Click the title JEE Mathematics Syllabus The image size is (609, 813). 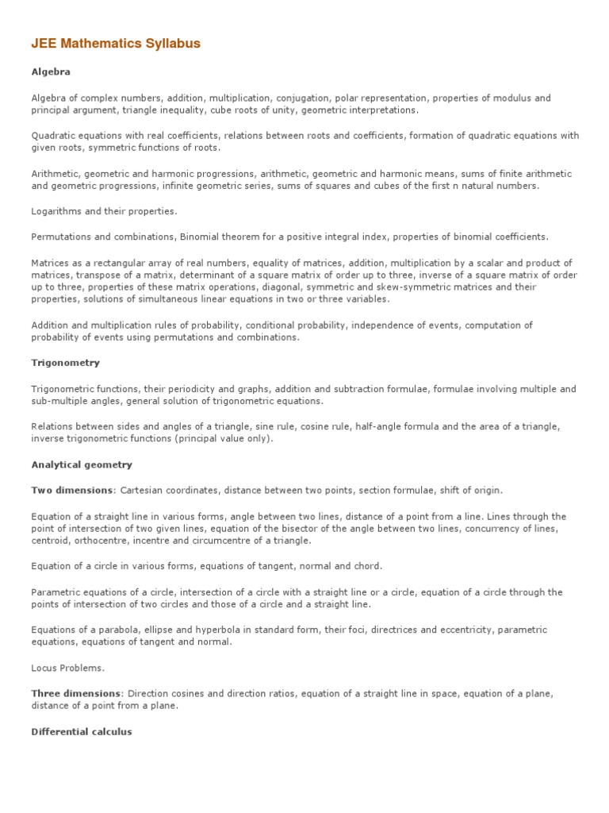point(116,44)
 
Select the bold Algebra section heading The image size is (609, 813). point(51,71)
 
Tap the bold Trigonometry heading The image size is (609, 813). point(65,363)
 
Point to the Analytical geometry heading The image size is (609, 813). point(82,464)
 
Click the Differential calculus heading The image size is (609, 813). point(82,731)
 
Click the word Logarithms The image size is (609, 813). point(57,211)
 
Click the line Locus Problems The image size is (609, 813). point(67,668)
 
